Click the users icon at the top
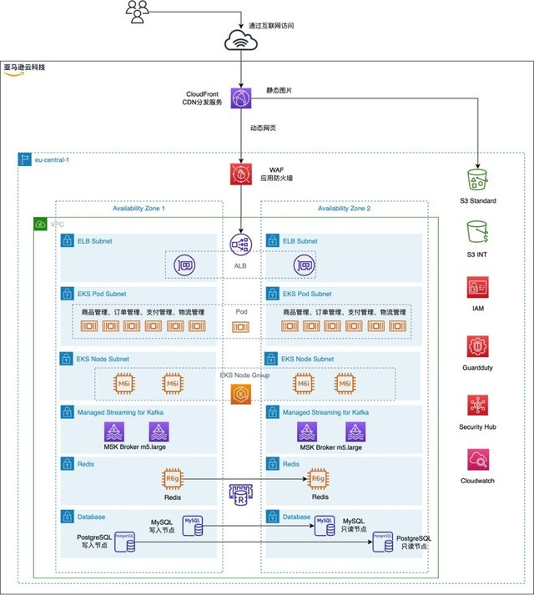[138, 10]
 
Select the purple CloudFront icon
[241, 98]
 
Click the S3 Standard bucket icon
[478, 181]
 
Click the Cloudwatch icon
[478, 461]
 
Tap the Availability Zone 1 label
[139, 209]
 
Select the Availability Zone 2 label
[345, 209]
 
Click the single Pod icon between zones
[241, 327]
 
